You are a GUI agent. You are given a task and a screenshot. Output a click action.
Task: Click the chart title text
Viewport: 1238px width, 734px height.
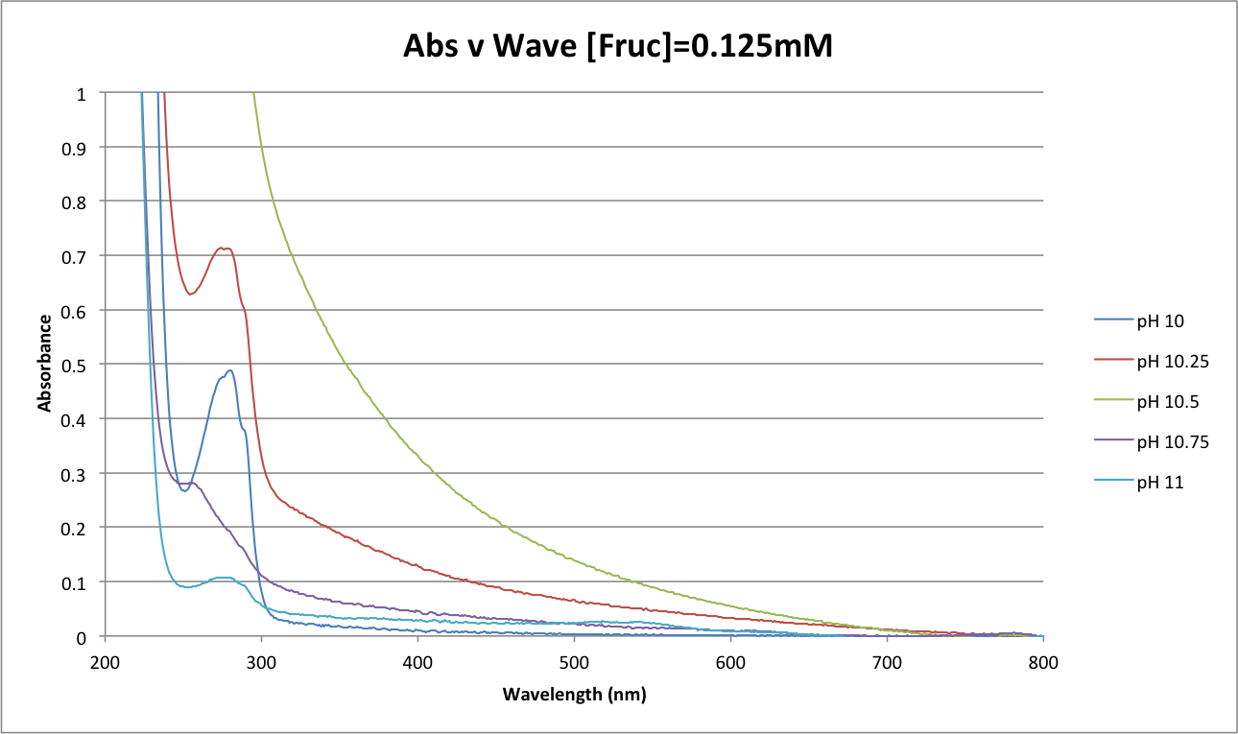[617, 45]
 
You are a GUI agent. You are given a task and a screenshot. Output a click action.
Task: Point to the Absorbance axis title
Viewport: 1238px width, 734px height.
[44, 365]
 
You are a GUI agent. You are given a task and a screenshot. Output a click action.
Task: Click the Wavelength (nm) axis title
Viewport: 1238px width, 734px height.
[574, 694]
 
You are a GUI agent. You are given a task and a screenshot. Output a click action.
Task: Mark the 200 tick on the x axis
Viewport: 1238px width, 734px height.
[106, 662]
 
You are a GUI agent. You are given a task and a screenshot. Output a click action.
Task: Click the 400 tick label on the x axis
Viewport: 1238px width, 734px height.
[417, 662]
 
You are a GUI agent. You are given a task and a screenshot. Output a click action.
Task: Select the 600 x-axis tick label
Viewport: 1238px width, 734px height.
[730, 662]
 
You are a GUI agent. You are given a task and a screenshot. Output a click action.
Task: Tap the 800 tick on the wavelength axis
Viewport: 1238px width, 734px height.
[1042, 662]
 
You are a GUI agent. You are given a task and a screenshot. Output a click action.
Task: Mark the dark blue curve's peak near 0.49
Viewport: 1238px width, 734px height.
[230, 370]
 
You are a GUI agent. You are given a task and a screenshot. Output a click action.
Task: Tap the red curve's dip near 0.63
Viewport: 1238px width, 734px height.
[190, 294]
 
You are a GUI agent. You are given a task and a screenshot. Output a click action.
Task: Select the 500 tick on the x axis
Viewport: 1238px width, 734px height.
[574, 662]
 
